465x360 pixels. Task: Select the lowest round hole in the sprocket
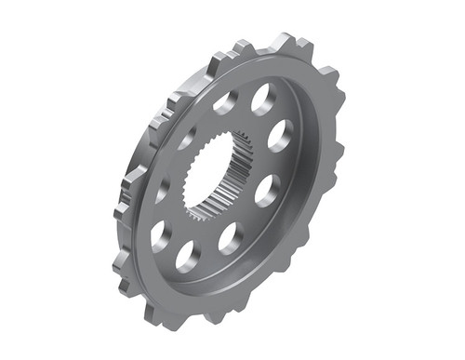pos(188,256)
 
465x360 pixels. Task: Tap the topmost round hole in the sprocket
pos(262,98)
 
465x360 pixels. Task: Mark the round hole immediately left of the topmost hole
pos(226,102)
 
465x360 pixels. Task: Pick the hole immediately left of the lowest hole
pos(159,234)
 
